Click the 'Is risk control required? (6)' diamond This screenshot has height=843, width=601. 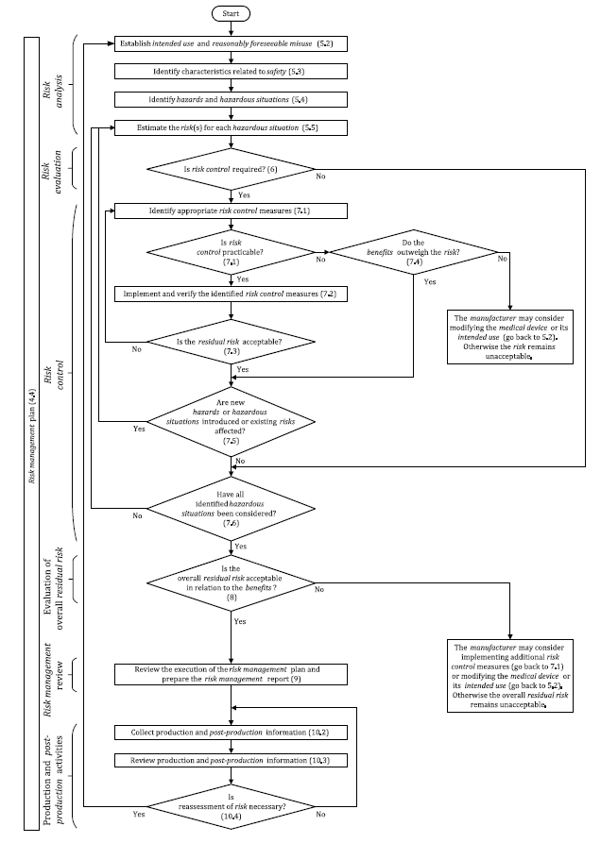click(232, 169)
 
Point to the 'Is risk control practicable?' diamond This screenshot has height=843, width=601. click(232, 254)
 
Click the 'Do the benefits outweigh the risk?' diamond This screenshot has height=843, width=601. click(414, 254)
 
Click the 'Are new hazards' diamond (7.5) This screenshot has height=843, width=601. click(232, 420)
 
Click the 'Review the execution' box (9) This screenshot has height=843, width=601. click(232, 675)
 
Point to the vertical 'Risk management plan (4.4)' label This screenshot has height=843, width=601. click(31, 434)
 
